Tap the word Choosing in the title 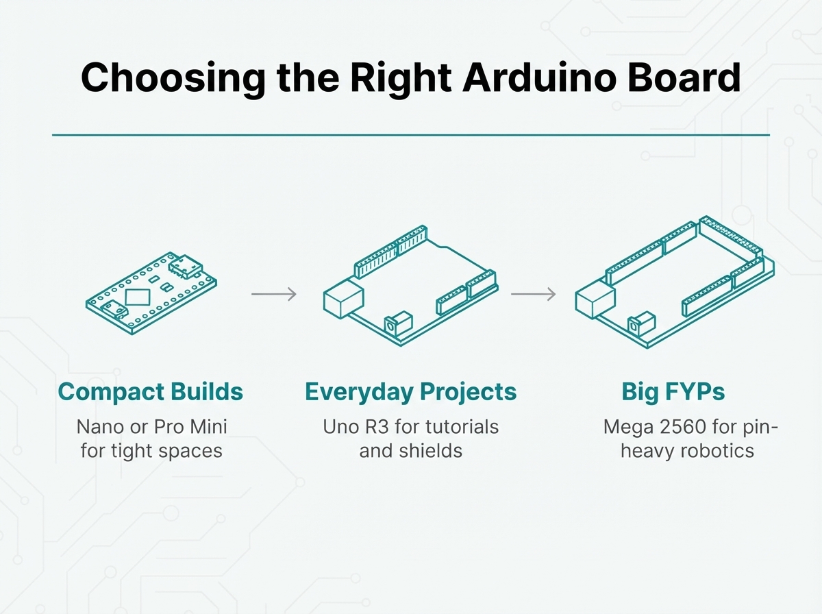pyautogui.click(x=173, y=79)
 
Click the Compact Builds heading pyautogui.click(x=151, y=392)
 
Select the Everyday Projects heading pyautogui.click(x=411, y=393)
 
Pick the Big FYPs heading pyautogui.click(x=673, y=392)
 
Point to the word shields pyautogui.click(x=431, y=451)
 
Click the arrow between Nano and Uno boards pyautogui.click(x=274, y=294)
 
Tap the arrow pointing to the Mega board pyautogui.click(x=533, y=294)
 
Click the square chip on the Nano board pyautogui.click(x=138, y=297)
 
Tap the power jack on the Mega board pyautogui.click(x=641, y=323)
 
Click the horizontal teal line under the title pyautogui.click(x=411, y=135)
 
